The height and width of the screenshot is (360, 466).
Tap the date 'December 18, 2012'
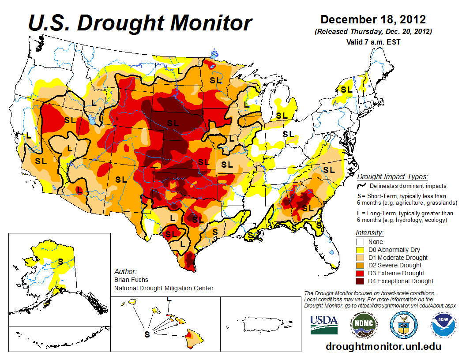coord(373,19)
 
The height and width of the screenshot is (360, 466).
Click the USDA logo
coord(324,324)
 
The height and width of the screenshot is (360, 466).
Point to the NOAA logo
coord(442,325)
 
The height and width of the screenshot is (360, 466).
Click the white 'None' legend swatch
coord(360,242)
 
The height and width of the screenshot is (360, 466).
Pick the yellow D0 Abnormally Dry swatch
coord(360,250)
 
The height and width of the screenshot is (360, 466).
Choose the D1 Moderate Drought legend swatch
coord(360,258)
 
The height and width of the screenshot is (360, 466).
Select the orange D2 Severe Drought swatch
coord(360,265)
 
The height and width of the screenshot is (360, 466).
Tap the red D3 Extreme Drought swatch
coord(360,273)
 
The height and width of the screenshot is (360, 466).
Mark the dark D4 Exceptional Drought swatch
coord(360,281)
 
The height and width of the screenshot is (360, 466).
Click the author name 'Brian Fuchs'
coord(131,280)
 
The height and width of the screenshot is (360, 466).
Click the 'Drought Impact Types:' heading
coord(392,177)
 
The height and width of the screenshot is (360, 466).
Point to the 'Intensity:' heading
coord(369,232)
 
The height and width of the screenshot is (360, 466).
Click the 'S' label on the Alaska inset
coord(60,261)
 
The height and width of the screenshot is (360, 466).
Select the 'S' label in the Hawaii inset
coord(147,334)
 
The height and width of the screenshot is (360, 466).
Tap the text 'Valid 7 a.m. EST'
coord(373,42)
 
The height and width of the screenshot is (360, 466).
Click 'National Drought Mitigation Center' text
coord(164,288)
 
